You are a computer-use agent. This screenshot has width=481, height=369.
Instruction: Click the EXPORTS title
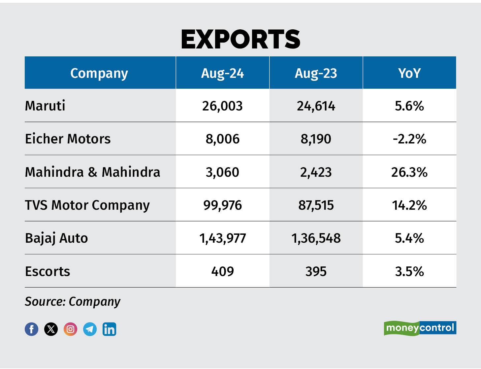click(x=240, y=39)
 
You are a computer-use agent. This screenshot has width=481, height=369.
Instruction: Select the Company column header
click(x=99, y=73)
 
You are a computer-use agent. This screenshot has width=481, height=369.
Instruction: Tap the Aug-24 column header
click(x=222, y=73)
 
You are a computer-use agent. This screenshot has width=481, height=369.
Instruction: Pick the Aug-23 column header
click(x=316, y=73)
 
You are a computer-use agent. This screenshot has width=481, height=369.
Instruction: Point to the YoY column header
click(x=409, y=73)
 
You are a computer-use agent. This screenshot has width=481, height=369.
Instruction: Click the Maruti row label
click(x=45, y=106)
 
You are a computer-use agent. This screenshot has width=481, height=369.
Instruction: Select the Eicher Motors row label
click(x=68, y=139)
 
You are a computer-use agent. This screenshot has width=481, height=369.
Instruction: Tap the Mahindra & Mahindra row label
click(x=93, y=172)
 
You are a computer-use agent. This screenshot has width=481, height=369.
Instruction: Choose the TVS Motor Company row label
click(x=87, y=205)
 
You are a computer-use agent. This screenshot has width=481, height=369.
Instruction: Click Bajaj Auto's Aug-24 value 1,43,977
click(x=222, y=238)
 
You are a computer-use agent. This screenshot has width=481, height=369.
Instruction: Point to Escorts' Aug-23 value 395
click(x=316, y=271)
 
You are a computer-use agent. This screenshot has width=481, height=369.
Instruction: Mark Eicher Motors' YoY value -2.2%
click(x=409, y=139)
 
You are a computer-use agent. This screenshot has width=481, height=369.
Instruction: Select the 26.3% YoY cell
click(x=409, y=172)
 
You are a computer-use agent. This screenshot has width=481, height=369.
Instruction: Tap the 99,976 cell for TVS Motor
click(x=222, y=205)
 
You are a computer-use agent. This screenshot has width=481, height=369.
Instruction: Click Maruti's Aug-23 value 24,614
click(x=316, y=106)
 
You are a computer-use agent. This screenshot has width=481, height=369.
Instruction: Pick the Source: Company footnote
click(x=73, y=301)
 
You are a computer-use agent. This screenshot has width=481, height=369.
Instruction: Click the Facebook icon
click(x=32, y=329)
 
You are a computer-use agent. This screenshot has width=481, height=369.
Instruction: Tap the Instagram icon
click(x=70, y=329)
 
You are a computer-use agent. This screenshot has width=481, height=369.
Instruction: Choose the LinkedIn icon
click(x=109, y=329)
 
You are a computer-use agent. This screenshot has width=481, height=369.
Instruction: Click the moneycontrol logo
click(x=420, y=328)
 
